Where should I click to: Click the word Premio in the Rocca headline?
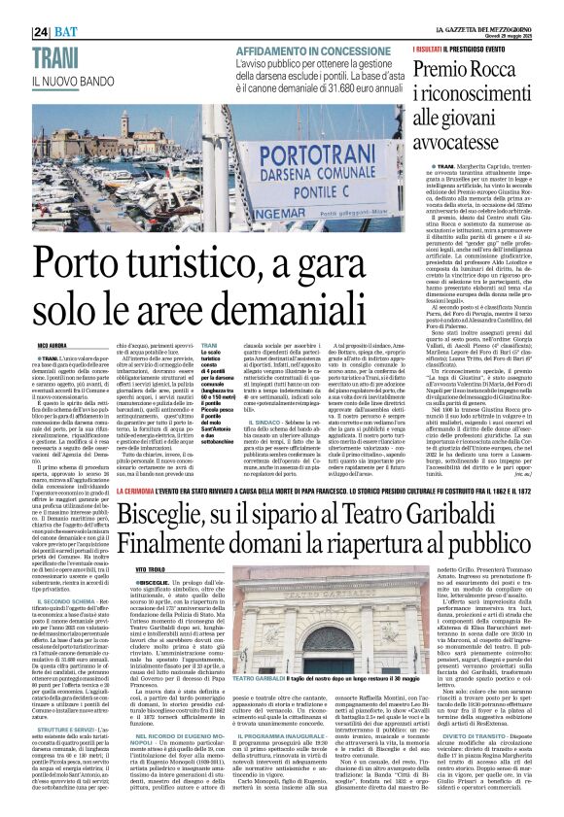[443, 41]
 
